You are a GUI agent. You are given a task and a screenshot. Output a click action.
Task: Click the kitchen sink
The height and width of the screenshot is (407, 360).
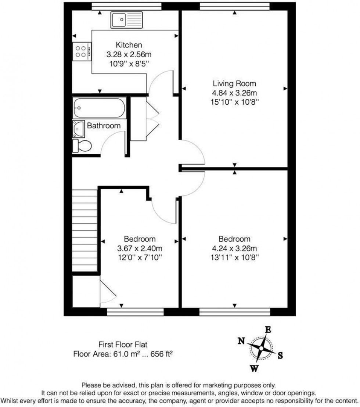pos(126,20)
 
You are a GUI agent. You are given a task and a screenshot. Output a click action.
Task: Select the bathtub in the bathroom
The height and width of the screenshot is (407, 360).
pos(99,108)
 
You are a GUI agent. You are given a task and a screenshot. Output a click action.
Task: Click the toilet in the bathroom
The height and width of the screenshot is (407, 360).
pos(81,146)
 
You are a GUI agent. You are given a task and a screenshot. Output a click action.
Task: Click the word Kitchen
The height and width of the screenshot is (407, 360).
pos(129,45)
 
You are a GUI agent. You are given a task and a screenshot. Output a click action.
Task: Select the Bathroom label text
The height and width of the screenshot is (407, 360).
pos(104,126)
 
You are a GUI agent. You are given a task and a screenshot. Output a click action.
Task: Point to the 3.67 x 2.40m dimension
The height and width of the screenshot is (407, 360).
pos(140,248)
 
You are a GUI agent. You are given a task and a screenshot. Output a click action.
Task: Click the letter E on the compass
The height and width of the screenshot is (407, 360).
pos(268,329)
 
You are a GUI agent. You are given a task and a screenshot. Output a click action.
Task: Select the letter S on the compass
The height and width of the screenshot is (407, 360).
pos(280,355)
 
